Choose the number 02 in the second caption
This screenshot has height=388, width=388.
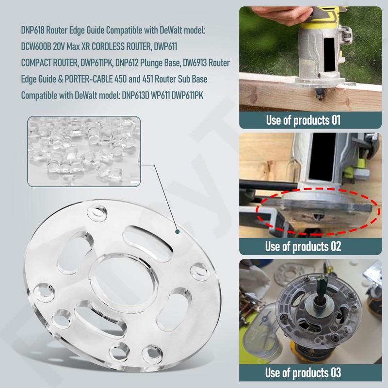pos(334,246)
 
